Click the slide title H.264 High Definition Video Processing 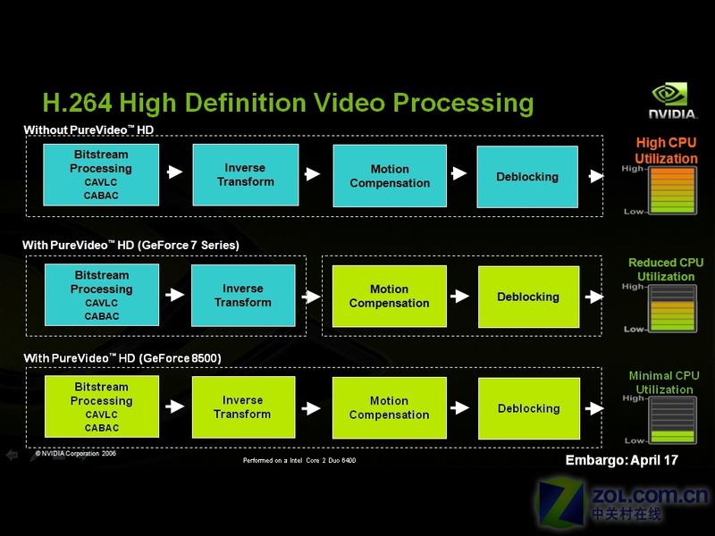coord(288,103)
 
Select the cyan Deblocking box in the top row coord(527,177)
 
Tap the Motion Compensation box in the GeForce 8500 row coord(390,408)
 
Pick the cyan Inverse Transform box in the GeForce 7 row coord(243,296)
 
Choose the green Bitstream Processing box coord(102,406)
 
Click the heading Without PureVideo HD coord(88,130)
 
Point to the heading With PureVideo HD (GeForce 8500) coord(122,358)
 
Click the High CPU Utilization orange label coord(666,150)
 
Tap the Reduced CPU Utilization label coord(666,270)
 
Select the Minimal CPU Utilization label coord(664,382)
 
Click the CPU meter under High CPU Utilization coord(673,190)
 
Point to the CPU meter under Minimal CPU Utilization coord(673,420)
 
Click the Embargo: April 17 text coord(621,460)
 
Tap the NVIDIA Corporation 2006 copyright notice coord(76,454)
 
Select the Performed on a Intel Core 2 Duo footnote coord(299,460)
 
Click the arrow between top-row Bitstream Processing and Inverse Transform coord(175,172)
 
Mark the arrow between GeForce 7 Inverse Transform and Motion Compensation coord(311,297)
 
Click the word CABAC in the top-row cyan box coord(101,196)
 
